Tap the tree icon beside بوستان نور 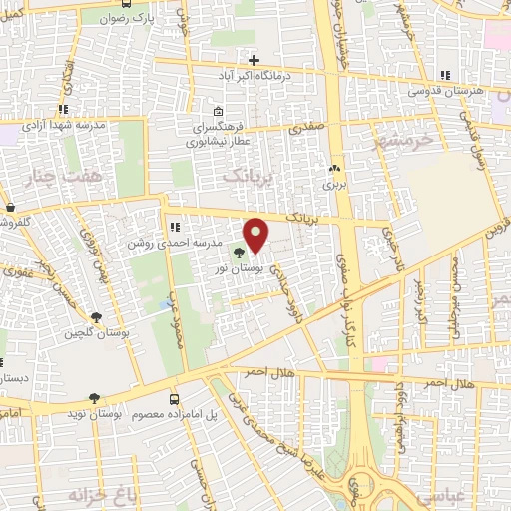coord(238,253)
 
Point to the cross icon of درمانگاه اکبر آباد coord(255,59)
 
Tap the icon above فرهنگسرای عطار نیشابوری coord(218,111)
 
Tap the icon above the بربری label coord(333,169)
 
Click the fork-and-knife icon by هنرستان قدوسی coord(446,74)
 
